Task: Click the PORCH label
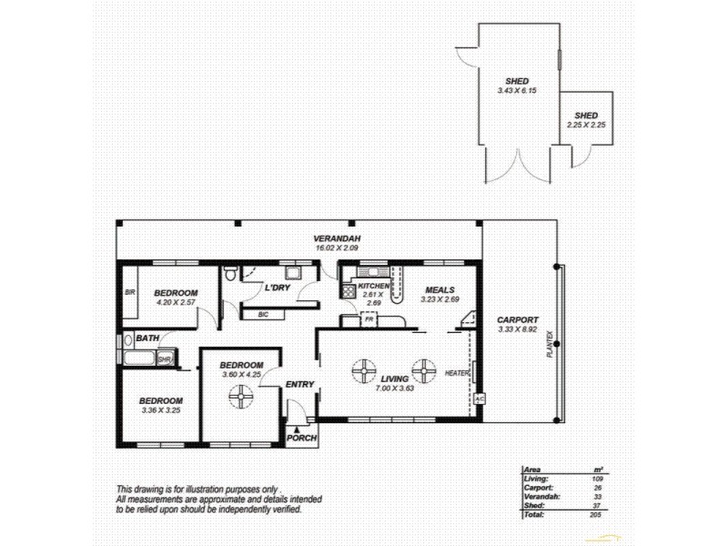point(300,438)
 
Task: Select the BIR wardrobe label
point(129,293)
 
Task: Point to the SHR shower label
point(165,359)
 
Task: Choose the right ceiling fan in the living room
point(424,370)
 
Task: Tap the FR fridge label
point(370,320)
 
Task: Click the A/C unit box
point(480,399)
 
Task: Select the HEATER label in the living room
point(457,374)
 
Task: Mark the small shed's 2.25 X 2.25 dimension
point(586,126)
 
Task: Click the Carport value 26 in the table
point(597,487)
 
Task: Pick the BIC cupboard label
point(263,314)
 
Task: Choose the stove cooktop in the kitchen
point(347,291)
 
